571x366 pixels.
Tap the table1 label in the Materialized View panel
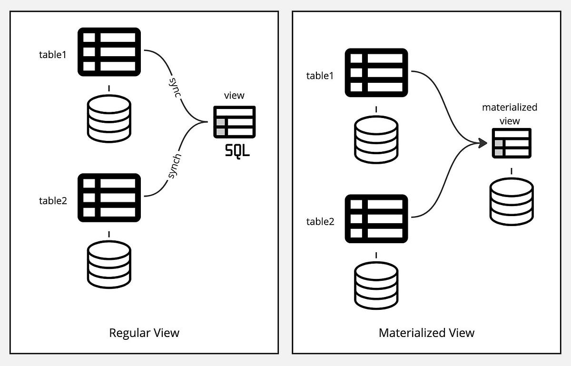[x=320, y=75]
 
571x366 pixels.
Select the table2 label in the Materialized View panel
[x=320, y=221]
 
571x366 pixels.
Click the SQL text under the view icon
[x=237, y=152]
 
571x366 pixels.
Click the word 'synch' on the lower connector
[x=174, y=166]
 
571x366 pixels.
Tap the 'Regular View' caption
[x=144, y=332]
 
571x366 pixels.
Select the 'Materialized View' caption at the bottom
[x=426, y=332]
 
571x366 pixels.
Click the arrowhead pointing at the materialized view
[x=482, y=143]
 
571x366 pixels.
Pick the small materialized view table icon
[x=512, y=143]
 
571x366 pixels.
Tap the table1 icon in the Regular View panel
[x=109, y=51]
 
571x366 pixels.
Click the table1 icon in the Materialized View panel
[x=376, y=72]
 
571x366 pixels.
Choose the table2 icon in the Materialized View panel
[x=376, y=218]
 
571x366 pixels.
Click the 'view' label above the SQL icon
[x=234, y=95]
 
